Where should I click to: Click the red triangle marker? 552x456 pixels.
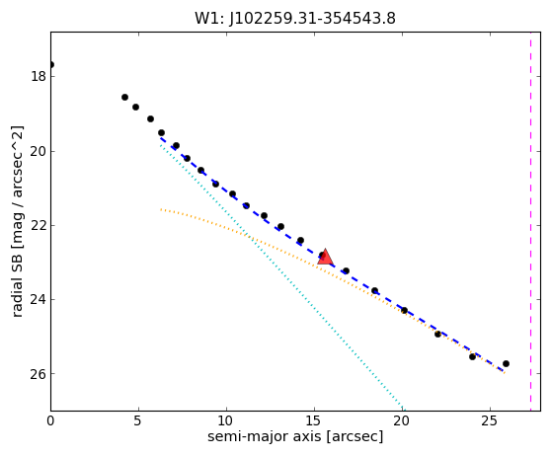coord(325,257)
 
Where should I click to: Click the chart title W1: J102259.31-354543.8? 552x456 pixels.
coord(295,19)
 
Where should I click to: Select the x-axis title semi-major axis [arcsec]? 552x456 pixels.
coord(295,436)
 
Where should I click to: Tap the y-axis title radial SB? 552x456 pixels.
coord(17,281)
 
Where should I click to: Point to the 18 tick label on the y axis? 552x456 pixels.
coord(39,76)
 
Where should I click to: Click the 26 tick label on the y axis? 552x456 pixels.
coord(39,374)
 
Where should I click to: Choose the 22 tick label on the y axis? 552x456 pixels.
coord(39,225)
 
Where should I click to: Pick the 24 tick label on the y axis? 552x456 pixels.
coord(39,299)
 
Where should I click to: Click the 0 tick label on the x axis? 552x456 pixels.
coord(50,420)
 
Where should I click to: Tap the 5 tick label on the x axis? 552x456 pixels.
coord(138,420)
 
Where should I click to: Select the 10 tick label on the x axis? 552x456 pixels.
coord(226,420)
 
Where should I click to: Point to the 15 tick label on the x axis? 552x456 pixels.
coord(314,420)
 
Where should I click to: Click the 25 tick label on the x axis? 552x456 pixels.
coord(490,420)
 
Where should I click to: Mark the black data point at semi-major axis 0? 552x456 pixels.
coord(51,65)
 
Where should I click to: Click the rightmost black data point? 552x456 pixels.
coord(506,363)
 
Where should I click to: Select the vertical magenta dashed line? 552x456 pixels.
coord(530,222)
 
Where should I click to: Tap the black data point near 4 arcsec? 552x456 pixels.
coord(124,97)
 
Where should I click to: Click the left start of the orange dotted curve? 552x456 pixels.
coord(161,209)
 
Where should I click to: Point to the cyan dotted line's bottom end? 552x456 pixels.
coord(405,410)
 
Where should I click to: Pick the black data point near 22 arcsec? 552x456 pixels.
coord(437,334)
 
